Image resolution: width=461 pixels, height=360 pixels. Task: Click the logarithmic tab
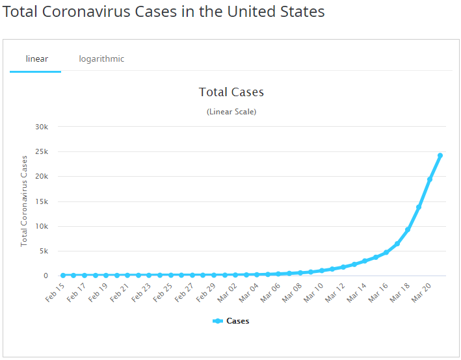pyautogui.click(x=101, y=59)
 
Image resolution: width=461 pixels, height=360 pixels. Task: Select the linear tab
pyautogui.click(x=36, y=59)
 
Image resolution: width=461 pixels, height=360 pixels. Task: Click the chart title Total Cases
pyautogui.click(x=231, y=92)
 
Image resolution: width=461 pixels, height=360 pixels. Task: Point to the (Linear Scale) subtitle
pyautogui.click(x=231, y=112)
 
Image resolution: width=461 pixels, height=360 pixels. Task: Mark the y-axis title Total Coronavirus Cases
pyautogui.click(x=24, y=201)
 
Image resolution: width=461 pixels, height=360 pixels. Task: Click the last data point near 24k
pyautogui.click(x=440, y=155)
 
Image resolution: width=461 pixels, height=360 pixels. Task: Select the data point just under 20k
pyautogui.click(x=430, y=179)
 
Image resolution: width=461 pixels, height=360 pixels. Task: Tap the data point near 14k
pyautogui.click(x=419, y=207)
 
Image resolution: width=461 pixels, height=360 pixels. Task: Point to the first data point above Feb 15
pyautogui.click(x=63, y=276)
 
